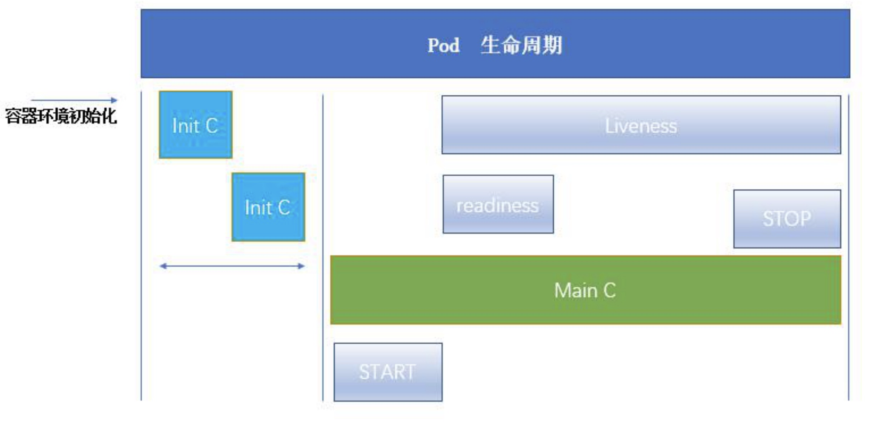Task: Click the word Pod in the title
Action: click(x=443, y=45)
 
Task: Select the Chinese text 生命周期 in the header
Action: click(x=522, y=45)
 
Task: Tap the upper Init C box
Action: click(x=196, y=125)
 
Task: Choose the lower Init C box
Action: click(x=269, y=207)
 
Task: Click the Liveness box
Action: click(x=641, y=125)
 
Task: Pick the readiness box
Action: click(x=498, y=204)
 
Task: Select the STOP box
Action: click(x=787, y=219)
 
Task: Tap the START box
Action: click(x=388, y=372)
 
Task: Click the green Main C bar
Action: click(x=586, y=290)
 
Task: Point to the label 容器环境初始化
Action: click(x=61, y=116)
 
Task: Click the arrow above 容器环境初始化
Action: click(x=74, y=100)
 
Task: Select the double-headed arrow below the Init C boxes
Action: click(x=232, y=266)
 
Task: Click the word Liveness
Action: click(x=641, y=126)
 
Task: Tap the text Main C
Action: click(x=585, y=291)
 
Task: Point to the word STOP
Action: click(x=787, y=219)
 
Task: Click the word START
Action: click(x=387, y=372)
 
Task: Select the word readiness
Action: click(x=497, y=206)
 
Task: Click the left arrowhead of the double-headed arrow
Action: click(x=163, y=266)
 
